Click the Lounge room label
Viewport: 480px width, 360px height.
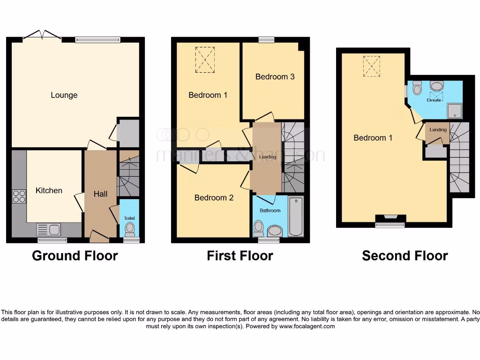point(64,95)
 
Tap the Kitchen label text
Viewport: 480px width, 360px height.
point(49,191)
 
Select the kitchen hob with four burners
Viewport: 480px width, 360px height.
point(19,196)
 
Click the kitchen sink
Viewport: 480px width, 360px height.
point(49,230)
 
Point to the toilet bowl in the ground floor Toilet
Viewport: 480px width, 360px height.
point(130,229)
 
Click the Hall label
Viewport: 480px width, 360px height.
point(100,194)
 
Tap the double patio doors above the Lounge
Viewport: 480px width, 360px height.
point(43,36)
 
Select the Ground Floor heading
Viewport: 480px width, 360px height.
point(75,256)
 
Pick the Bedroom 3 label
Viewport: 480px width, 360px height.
point(275,77)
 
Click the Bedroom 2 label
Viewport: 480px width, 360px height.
point(214,198)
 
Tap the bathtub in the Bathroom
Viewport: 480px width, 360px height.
point(296,217)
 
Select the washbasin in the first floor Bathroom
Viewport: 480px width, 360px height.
point(274,230)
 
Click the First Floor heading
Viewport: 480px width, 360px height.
point(240,256)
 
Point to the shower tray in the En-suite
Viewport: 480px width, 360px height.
point(454,111)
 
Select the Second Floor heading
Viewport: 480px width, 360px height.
point(405,256)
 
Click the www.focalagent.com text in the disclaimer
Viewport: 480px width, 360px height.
point(307,326)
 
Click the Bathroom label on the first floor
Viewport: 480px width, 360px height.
point(270,210)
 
